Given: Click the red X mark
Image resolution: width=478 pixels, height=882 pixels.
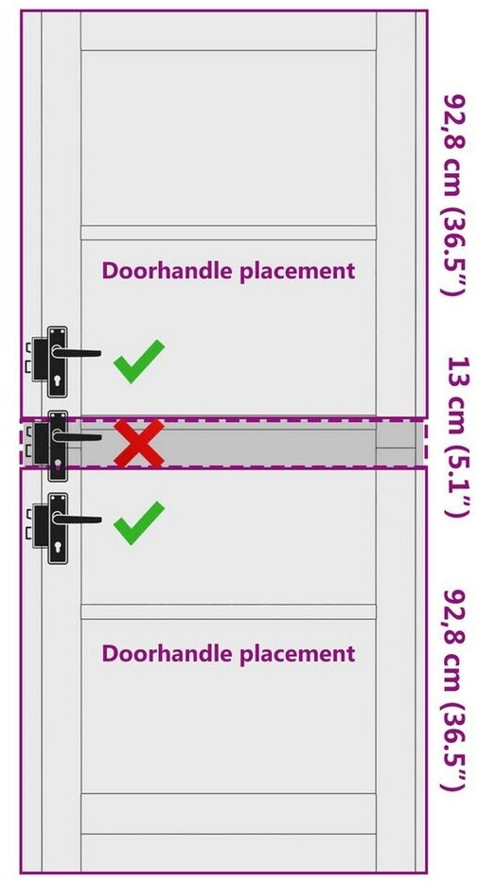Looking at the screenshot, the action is point(139,443).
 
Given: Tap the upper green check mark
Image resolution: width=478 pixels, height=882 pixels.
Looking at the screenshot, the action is point(138,362).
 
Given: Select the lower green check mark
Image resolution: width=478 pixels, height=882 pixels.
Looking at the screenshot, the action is point(138,524).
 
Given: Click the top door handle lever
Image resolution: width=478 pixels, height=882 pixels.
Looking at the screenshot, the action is point(77,353).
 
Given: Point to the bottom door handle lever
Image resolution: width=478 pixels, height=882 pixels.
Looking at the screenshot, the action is point(77,520).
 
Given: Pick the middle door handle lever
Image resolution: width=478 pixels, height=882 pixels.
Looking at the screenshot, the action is point(77,436).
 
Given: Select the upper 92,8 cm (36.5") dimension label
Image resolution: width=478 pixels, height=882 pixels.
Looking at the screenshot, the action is point(456,195).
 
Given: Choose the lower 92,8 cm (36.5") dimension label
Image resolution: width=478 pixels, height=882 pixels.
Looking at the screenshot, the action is point(456,690).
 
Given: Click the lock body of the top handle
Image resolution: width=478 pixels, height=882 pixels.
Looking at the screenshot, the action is point(40,359).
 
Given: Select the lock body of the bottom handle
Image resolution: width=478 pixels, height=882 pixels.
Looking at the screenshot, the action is point(40,525).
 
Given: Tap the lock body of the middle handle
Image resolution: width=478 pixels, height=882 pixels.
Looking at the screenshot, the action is point(40,443).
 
